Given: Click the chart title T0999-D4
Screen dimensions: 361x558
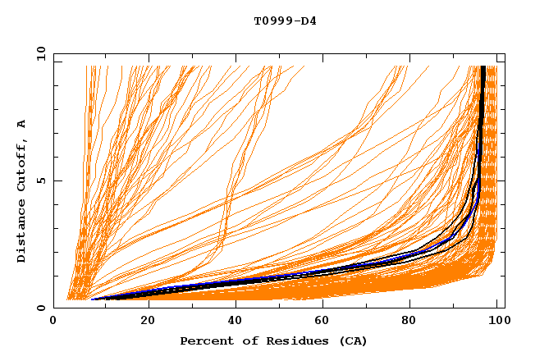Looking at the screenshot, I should pos(285,21).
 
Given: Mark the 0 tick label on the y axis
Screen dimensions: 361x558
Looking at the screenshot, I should pos(41,308).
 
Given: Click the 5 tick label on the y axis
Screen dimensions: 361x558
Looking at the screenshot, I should pos(41,180).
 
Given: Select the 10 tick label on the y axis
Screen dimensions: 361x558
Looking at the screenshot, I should pos(39,53).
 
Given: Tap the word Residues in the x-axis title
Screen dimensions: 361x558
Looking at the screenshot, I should pos(288,340).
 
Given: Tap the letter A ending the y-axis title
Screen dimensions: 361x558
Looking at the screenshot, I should pos(21,124).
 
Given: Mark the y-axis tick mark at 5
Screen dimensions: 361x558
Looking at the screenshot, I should pos(57,180).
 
